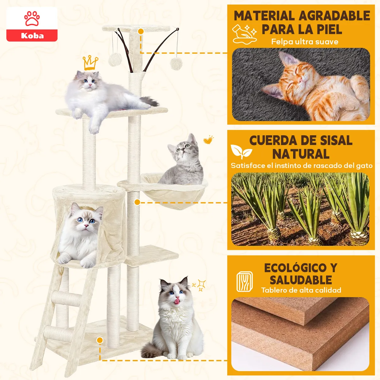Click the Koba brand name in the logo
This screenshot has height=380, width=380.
[x=32, y=35]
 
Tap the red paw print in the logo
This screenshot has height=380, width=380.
[x=32, y=18]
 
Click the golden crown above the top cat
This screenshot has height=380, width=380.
[x=90, y=63]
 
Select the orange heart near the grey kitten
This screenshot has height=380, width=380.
[x=208, y=140]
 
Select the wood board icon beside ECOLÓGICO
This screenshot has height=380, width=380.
[x=245, y=282]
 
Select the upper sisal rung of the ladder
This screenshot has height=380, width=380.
[x=67, y=298]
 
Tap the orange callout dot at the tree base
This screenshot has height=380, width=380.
[x=100, y=340]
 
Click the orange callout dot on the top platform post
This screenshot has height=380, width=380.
[x=141, y=31]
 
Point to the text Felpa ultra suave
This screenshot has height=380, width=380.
[x=305, y=42]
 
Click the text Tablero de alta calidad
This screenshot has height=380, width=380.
[x=301, y=290]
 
